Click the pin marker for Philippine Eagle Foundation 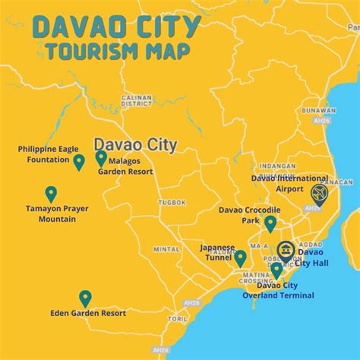78,161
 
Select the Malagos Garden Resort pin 101,157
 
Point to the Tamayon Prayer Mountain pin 51,194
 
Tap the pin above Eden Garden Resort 85,298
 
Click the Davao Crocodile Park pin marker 270,223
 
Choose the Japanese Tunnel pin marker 240,258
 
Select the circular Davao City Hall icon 286,250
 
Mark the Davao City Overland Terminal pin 276,270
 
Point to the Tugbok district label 172,202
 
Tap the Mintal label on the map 167,248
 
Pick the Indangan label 277,166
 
